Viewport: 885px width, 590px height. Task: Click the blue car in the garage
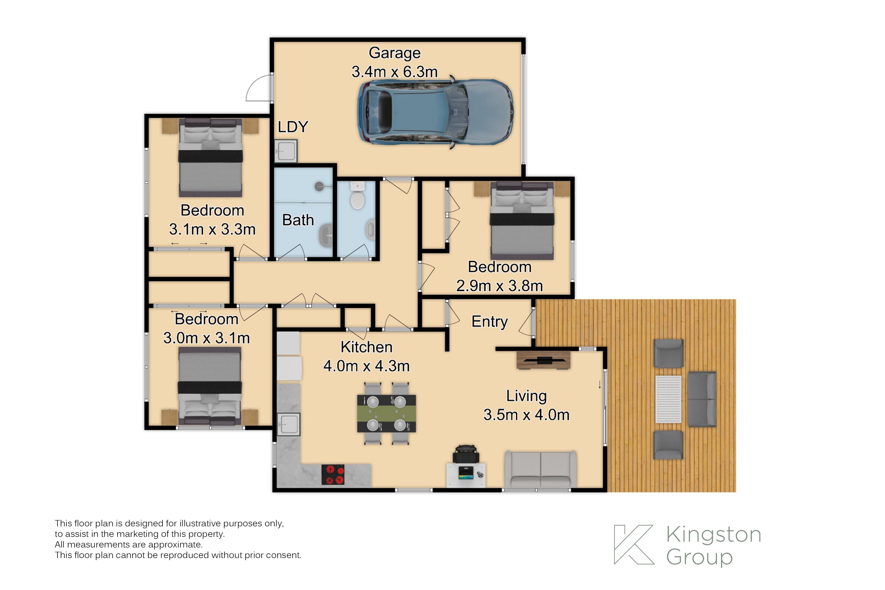pos(435,112)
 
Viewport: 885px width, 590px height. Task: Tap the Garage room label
pos(395,53)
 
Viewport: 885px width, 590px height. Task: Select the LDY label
pos(293,127)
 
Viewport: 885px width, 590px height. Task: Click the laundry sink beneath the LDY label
pos(286,151)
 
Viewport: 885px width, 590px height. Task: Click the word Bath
pos(298,220)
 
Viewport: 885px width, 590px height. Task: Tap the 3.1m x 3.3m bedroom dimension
pos(212,229)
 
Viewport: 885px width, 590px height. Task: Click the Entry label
pos(489,322)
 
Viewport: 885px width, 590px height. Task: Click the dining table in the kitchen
pos(386,413)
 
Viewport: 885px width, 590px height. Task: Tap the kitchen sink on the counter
pos(289,424)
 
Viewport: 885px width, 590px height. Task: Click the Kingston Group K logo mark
pos(634,545)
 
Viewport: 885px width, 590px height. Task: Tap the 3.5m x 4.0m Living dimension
pos(526,415)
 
